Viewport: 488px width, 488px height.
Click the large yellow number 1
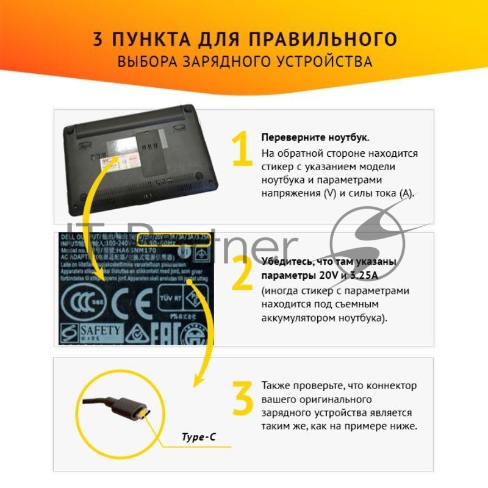(x=242, y=149)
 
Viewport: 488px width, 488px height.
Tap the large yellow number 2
(x=242, y=274)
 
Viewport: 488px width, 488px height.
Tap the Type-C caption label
(x=199, y=437)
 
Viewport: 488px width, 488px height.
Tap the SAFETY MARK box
(x=91, y=332)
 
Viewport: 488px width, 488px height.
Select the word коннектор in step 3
(x=389, y=386)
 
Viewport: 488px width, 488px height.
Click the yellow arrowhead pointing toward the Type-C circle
(x=197, y=379)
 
